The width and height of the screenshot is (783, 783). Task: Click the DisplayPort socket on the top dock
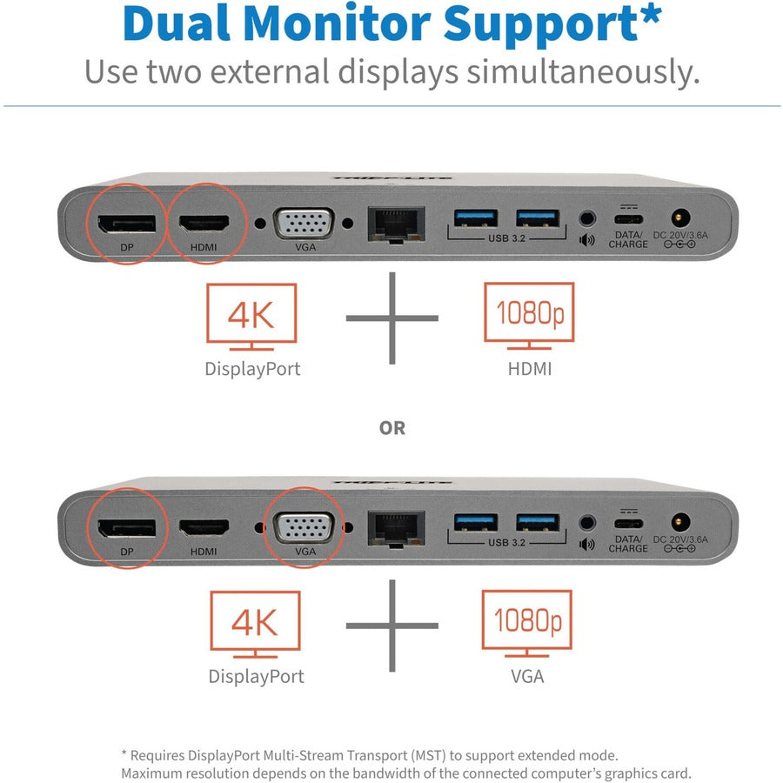[x=126, y=223]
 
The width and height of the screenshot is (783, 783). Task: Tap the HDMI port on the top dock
[x=204, y=223]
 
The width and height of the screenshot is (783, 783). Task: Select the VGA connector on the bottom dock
[x=302, y=528]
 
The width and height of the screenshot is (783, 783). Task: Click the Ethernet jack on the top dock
[x=397, y=224]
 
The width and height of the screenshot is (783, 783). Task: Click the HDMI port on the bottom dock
[x=204, y=527]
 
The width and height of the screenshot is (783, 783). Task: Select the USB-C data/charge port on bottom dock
[x=628, y=524]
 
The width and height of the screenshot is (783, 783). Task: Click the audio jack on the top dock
[x=586, y=218]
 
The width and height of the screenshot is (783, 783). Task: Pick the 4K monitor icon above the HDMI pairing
[x=251, y=313]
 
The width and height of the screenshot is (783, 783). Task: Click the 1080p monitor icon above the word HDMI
[x=528, y=312]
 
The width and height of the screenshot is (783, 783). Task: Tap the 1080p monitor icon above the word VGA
[x=526, y=620]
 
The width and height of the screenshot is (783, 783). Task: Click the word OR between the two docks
[x=392, y=428]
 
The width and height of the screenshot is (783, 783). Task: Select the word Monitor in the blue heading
[x=386, y=25]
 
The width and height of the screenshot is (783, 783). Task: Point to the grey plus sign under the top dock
[x=392, y=318]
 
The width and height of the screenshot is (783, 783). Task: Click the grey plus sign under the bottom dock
[x=392, y=626]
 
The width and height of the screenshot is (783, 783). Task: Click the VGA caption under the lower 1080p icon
[x=526, y=676]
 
